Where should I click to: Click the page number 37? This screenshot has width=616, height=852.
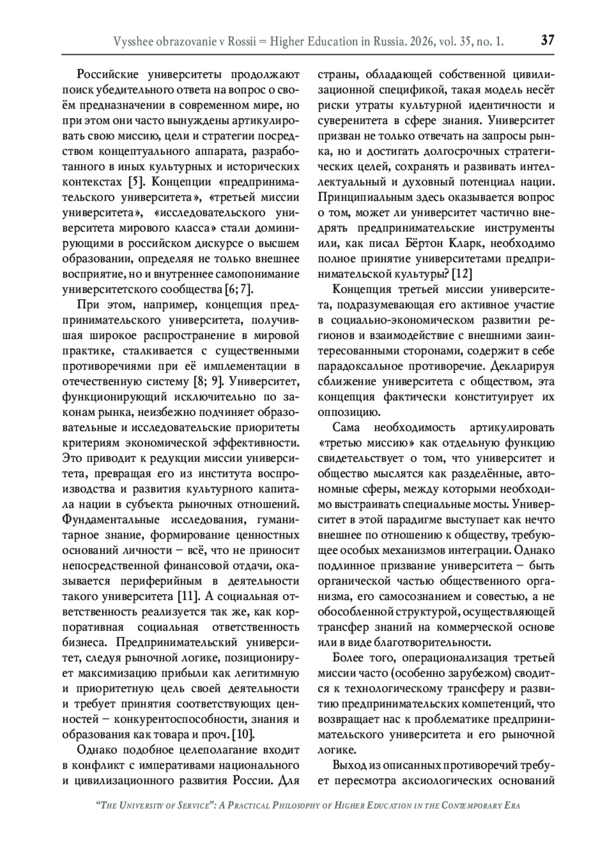coord(548,40)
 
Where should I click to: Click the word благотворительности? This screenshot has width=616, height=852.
coord(431,642)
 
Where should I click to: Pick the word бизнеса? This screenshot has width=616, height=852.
coord(84,642)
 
